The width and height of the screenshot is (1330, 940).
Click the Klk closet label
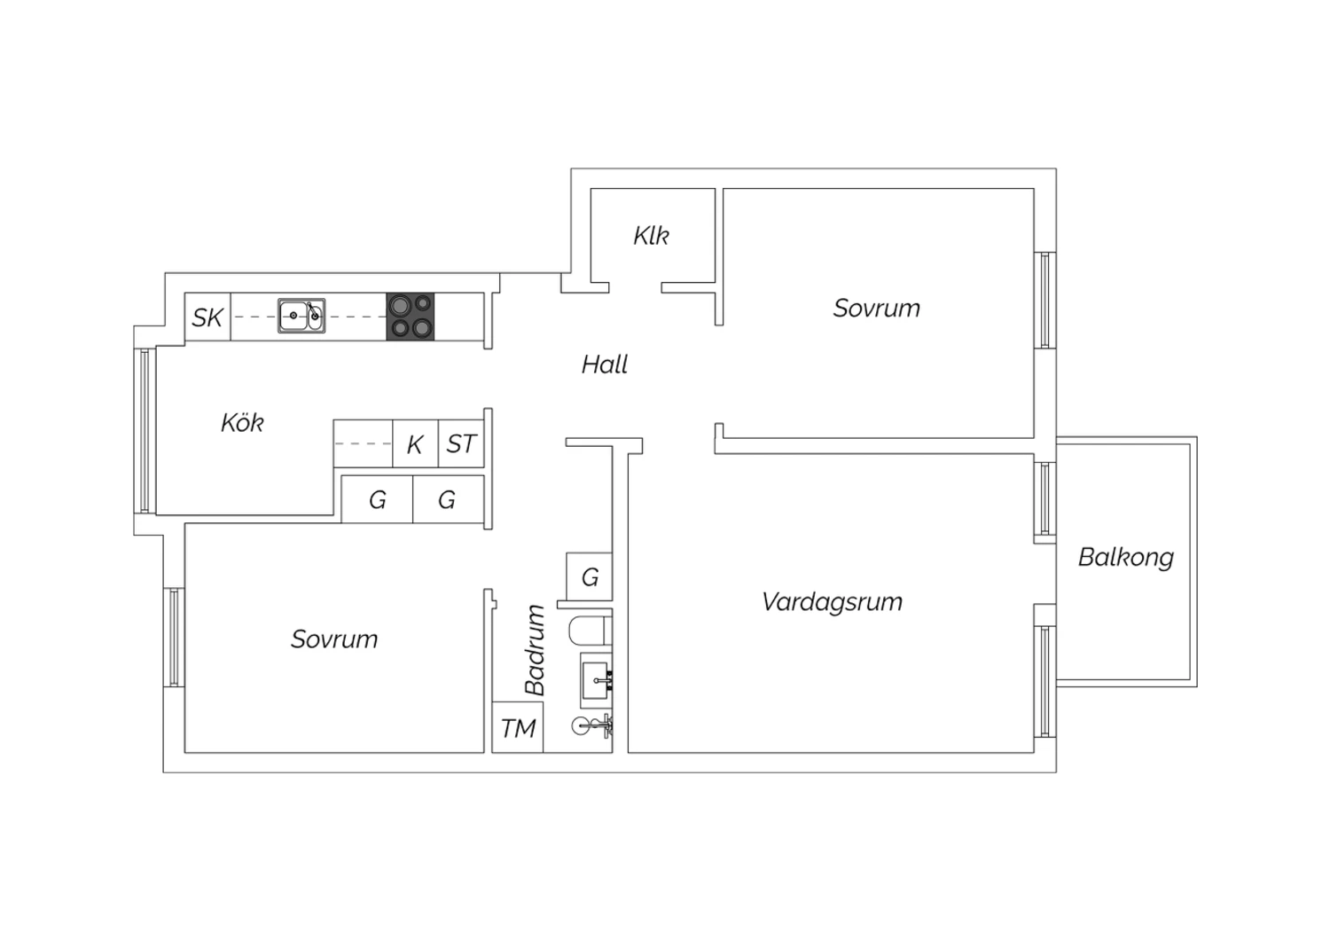(x=651, y=236)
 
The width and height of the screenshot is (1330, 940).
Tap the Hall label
(x=605, y=364)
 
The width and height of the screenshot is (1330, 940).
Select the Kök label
(x=242, y=422)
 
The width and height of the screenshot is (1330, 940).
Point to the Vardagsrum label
(x=833, y=602)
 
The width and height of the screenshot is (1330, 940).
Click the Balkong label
(x=1126, y=558)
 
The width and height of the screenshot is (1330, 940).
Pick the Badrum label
(x=535, y=650)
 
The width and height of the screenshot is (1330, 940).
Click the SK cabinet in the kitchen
(x=207, y=317)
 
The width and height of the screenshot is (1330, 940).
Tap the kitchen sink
(x=301, y=316)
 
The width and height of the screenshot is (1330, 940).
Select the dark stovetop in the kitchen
(x=411, y=317)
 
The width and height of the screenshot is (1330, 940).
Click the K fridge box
(x=415, y=443)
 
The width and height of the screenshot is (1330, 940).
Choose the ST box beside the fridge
(x=461, y=443)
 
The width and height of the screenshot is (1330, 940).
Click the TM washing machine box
(x=518, y=727)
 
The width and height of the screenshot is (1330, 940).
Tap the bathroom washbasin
(x=596, y=680)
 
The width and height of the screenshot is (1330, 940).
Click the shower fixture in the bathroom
(x=592, y=725)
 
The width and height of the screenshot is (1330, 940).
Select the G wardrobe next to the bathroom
(x=589, y=576)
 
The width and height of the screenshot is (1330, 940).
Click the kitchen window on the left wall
(x=145, y=430)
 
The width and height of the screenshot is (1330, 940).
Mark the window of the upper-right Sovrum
(x=1045, y=300)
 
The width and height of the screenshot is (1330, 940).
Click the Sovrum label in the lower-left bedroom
(x=334, y=639)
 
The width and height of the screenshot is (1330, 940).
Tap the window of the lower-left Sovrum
(x=174, y=637)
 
